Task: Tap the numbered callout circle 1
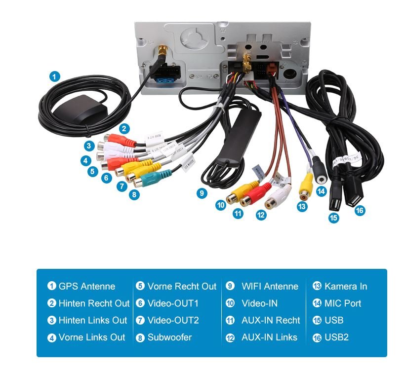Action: click(x=55, y=76)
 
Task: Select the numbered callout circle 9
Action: click(x=201, y=193)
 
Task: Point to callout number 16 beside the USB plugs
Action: click(x=360, y=210)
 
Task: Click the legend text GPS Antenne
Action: click(x=86, y=286)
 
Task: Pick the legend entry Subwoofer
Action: click(x=169, y=337)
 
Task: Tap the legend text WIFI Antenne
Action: click(x=270, y=286)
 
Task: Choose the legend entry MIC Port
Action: click(x=343, y=303)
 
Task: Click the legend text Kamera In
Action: click(x=346, y=286)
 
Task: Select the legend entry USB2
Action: click(x=336, y=337)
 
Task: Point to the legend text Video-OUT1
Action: click(x=173, y=303)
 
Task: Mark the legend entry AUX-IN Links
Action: click(x=269, y=337)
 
